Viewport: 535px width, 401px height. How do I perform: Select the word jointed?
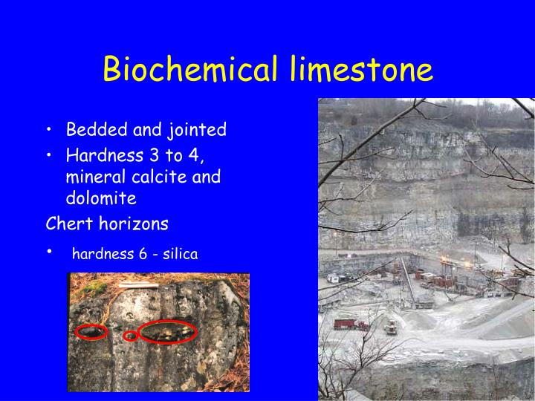point(197,130)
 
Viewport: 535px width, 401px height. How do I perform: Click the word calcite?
point(163,177)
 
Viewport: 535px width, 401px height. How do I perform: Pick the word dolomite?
point(101,198)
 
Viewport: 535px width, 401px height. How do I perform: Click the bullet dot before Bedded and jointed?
point(49,131)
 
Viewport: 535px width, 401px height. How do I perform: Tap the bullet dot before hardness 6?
point(49,252)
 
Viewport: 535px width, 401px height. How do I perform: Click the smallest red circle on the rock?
point(130,336)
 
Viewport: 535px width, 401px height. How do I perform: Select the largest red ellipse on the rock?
point(167,331)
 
